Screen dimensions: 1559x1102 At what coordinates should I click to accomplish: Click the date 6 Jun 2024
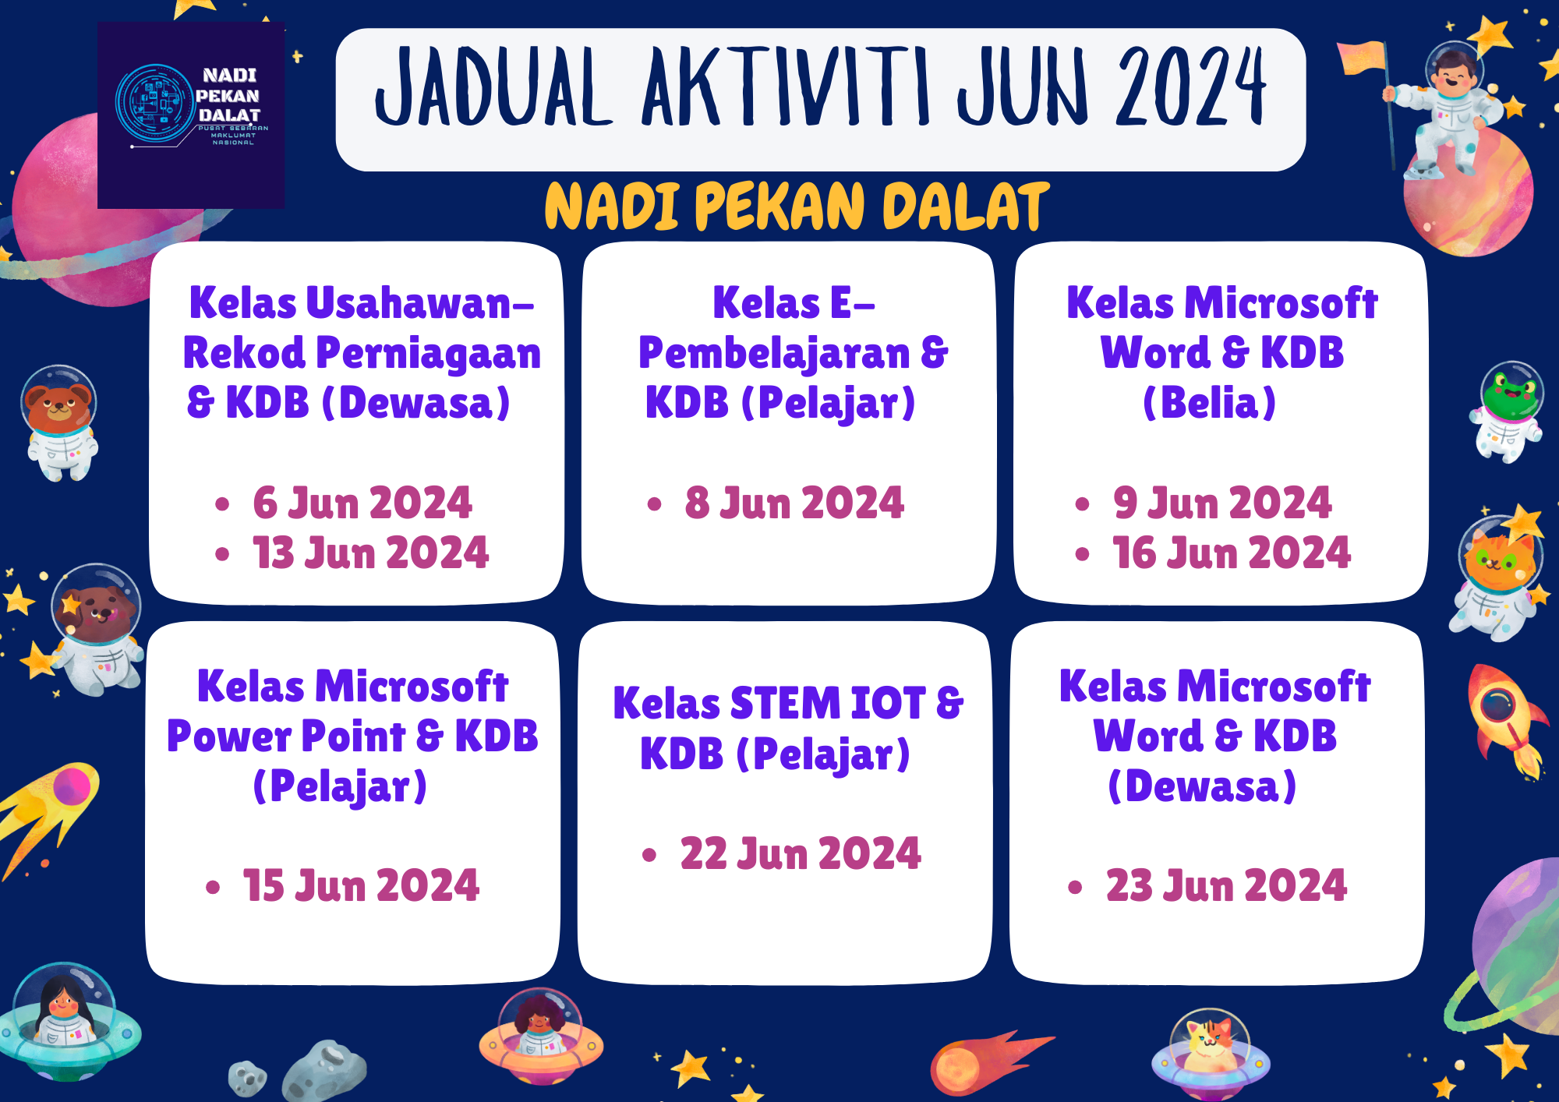(x=362, y=503)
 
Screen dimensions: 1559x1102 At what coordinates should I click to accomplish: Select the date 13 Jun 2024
(x=371, y=553)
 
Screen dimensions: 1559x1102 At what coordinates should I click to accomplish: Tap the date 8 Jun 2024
(x=794, y=503)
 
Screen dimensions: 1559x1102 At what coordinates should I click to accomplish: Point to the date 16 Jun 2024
(x=1232, y=553)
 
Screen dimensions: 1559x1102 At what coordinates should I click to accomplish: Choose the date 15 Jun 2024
(x=361, y=885)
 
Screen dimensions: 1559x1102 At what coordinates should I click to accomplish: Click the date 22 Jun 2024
(x=801, y=853)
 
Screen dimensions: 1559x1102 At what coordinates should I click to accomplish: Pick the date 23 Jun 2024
(x=1226, y=885)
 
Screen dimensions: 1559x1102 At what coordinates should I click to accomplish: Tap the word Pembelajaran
(x=774, y=354)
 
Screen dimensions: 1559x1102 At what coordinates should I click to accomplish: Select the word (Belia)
(x=1209, y=403)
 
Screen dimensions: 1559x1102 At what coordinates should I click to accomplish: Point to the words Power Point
(x=286, y=736)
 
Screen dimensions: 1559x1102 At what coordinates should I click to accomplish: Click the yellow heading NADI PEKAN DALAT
(x=797, y=207)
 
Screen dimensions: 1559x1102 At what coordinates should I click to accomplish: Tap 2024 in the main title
(x=1191, y=87)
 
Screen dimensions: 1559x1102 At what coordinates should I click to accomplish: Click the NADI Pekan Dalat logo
(x=191, y=115)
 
